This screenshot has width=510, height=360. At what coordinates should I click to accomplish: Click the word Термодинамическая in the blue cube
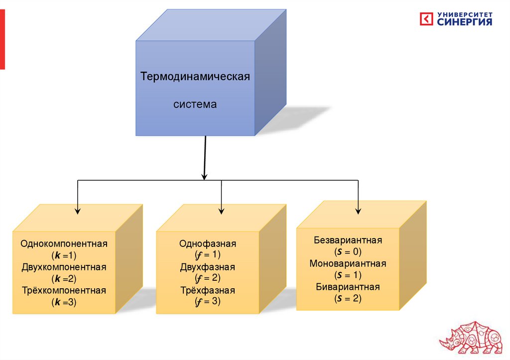click(x=195, y=78)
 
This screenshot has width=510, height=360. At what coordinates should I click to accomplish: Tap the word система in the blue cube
click(x=195, y=105)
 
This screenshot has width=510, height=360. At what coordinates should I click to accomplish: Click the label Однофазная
click(x=208, y=244)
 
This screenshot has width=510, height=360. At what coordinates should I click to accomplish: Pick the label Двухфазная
click(x=208, y=267)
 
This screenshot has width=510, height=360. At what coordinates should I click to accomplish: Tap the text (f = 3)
click(x=208, y=301)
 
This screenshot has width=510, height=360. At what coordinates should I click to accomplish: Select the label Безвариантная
click(x=348, y=240)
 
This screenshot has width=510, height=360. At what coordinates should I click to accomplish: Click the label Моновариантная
click(x=348, y=264)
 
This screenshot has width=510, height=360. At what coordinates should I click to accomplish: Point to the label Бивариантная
click(x=348, y=287)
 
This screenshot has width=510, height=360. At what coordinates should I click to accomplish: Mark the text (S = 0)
click(x=348, y=252)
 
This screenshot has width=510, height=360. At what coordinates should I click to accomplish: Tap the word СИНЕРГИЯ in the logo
click(x=465, y=22)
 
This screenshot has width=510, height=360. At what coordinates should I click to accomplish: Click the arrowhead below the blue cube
click(x=204, y=176)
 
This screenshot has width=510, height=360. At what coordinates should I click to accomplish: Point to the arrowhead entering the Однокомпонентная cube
click(x=77, y=211)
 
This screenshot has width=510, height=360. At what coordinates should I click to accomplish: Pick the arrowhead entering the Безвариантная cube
click(x=358, y=211)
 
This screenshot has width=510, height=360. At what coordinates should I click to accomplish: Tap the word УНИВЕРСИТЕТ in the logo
click(x=465, y=14)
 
